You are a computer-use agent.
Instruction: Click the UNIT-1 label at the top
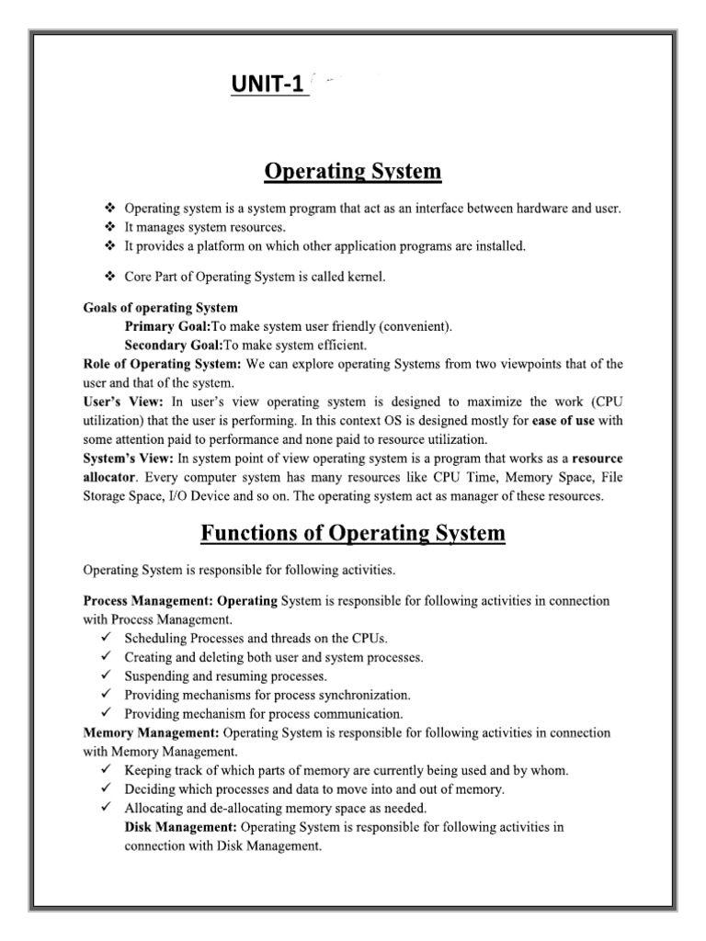pos(268,86)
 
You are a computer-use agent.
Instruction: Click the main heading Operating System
pos(353,171)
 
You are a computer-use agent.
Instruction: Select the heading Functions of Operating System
pos(353,533)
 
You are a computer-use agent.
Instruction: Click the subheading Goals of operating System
pos(160,307)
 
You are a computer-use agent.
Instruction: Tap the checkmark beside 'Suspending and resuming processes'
pos(106,675)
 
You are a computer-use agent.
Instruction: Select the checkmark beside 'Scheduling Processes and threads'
pos(106,638)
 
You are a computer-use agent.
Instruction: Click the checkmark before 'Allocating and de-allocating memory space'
pos(106,808)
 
